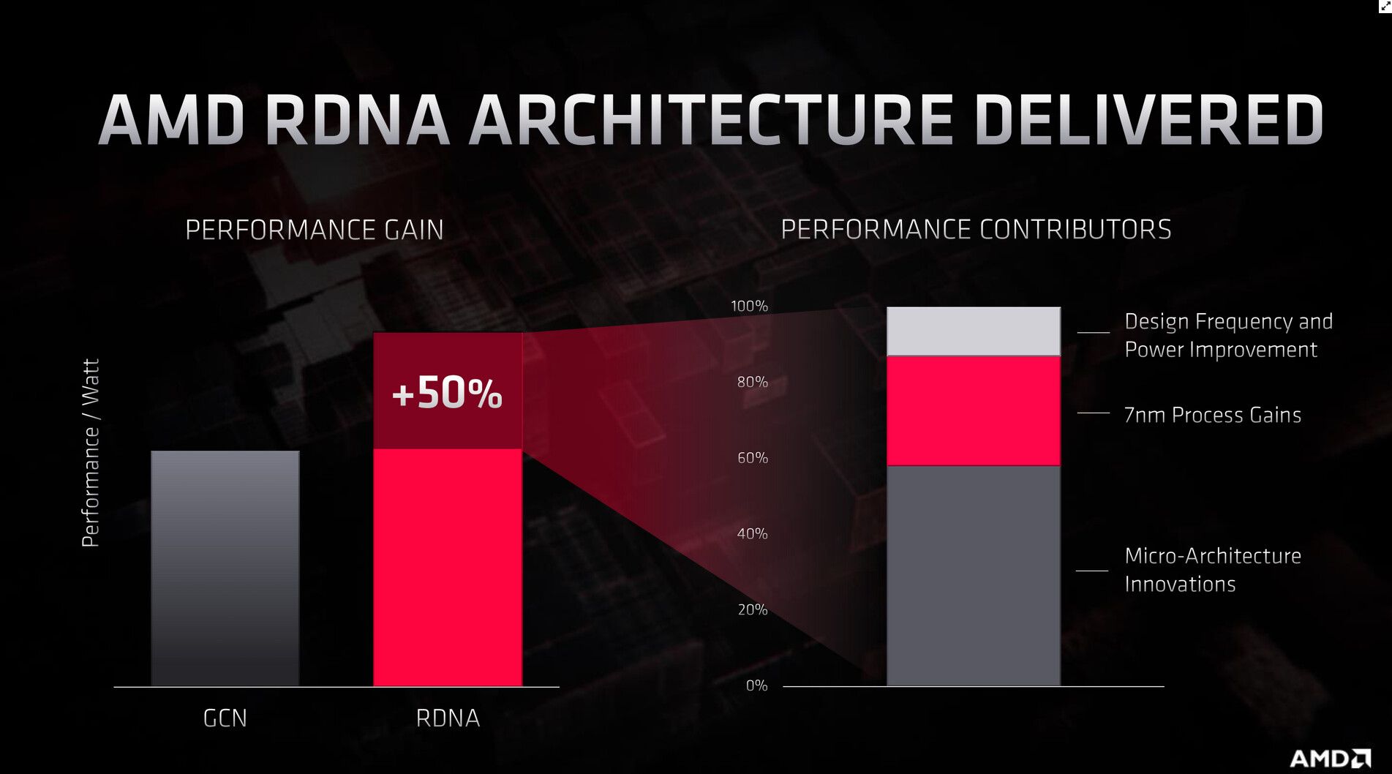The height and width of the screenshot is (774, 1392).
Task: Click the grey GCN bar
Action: (x=225, y=568)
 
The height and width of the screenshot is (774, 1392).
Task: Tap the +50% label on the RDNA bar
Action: (x=447, y=393)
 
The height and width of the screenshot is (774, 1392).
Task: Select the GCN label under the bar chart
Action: (x=225, y=718)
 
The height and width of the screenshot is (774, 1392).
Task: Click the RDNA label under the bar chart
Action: (x=448, y=718)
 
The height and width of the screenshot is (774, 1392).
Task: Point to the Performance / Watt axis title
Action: (x=90, y=453)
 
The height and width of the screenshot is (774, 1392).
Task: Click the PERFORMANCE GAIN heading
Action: (x=315, y=230)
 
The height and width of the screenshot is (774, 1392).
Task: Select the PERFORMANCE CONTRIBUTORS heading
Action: (x=976, y=230)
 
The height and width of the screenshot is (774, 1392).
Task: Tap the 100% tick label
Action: (x=749, y=307)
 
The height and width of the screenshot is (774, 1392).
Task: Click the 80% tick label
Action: (x=752, y=382)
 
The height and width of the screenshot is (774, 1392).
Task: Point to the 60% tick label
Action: (x=752, y=458)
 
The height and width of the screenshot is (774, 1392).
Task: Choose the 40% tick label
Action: (x=752, y=534)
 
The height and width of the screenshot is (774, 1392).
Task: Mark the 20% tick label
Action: (x=752, y=609)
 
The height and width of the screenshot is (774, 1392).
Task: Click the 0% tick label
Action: (x=756, y=685)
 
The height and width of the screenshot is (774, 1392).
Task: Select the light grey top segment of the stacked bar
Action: (x=974, y=331)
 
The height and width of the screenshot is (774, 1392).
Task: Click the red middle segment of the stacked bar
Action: (x=974, y=410)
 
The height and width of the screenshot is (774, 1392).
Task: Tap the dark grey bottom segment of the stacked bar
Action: (x=974, y=575)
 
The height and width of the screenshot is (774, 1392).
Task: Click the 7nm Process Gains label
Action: (x=1212, y=415)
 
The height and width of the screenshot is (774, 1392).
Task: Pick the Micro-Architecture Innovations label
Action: (x=1212, y=570)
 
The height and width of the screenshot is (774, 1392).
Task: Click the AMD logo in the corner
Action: (x=1330, y=758)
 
